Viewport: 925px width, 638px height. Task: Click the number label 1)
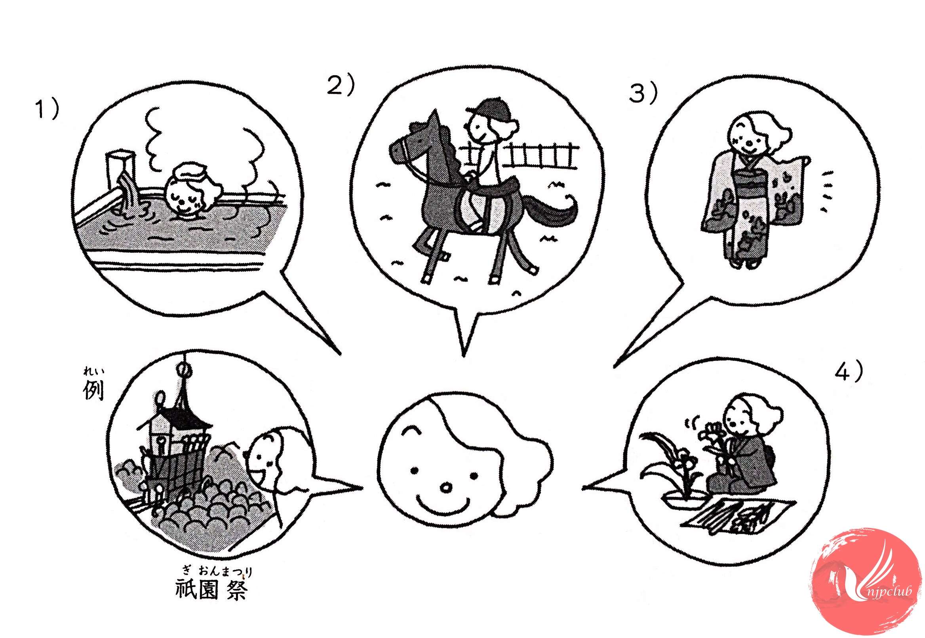(x=48, y=110)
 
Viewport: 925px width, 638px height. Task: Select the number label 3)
(x=643, y=94)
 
